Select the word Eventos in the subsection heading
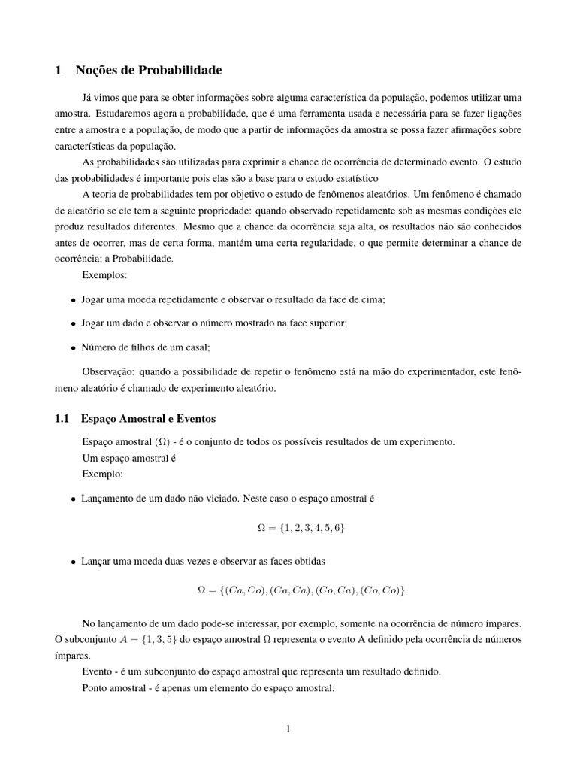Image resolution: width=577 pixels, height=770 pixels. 195,418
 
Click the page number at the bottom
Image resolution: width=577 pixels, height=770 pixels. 288,728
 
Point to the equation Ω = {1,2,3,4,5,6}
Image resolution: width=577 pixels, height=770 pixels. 301,529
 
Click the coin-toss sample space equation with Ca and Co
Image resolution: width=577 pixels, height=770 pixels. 301,591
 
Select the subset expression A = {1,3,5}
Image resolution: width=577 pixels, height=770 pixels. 131,638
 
